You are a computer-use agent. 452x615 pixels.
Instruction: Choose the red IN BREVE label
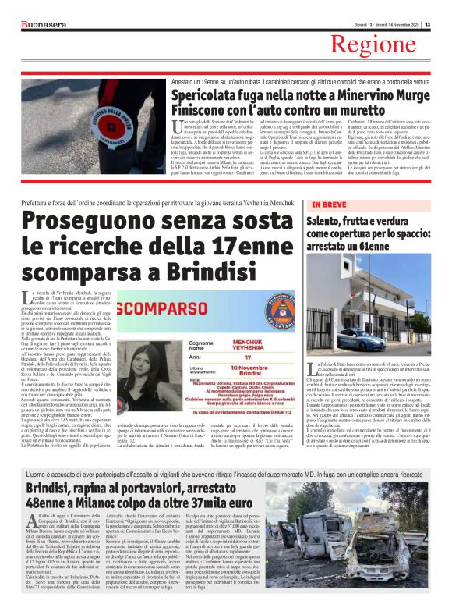pyautogui.click(x=329, y=205)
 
